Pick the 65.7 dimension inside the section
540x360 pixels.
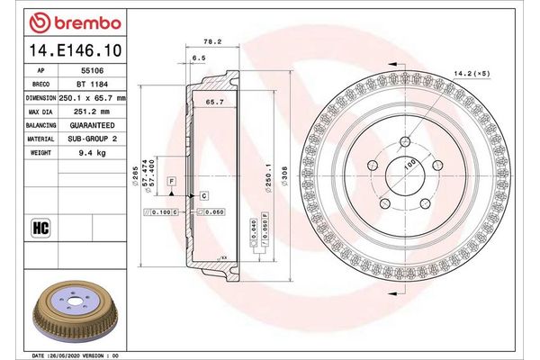[x=213, y=103]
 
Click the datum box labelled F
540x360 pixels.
[x=171, y=183]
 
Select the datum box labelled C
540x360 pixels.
[x=204, y=195]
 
